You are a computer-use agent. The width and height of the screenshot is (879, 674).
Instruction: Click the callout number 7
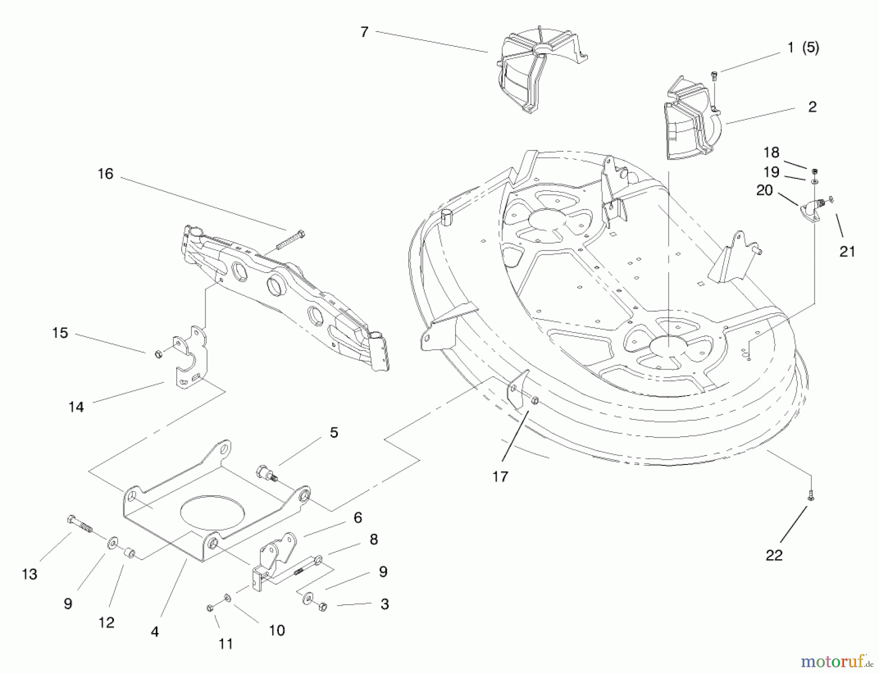pyautogui.click(x=364, y=32)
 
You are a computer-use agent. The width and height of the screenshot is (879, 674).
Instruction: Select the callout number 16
pyautogui.click(x=105, y=174)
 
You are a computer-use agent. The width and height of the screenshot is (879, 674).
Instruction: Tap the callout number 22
pyautogui.click(x=774, y=555)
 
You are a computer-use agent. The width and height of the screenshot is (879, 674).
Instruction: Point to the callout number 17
pyautogui.click(x=500, y=477)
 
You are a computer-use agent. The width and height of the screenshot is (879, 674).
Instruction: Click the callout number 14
pyautogui.click(x=76, y=407)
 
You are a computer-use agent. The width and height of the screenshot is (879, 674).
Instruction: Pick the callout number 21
pyautogui.click(x=847, y=252)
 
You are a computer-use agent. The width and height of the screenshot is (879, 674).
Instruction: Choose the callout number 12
pyautogui.click(x=106, y=622)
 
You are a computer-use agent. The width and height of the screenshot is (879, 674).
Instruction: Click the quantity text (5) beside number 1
pyautogui.click(x=810, y=48)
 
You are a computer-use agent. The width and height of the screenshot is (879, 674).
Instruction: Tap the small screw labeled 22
pyautogui.click(x=811, y=495)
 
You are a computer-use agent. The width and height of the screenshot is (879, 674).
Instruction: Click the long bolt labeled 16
pyautogui.click(x=290, y=240)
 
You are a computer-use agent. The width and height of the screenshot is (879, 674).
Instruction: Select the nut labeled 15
pyautogui.click(x=158, y=354)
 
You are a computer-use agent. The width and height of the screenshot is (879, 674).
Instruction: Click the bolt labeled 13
pyautogui.click(x=80, y=524)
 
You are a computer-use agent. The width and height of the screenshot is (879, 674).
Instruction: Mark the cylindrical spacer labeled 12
pyautogui.click(x=129, y=554)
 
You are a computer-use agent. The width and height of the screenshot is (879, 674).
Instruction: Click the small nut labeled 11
pyautogui.click(x=210, y=608)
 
